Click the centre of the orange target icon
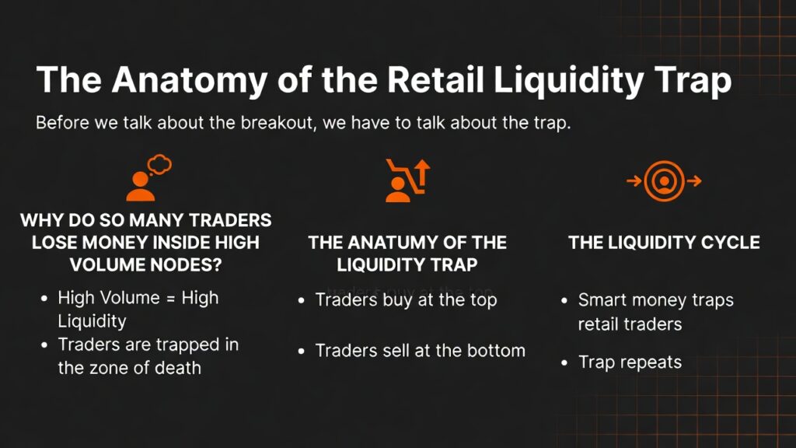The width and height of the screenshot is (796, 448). click(664, 181)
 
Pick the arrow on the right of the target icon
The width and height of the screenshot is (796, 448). click(694, 181)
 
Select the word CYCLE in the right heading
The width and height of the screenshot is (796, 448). click(728, 243)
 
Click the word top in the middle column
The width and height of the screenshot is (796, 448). click(482, 299)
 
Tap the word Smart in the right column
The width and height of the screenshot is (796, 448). click(602, 300)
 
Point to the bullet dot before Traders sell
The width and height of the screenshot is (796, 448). click(302, 352)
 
